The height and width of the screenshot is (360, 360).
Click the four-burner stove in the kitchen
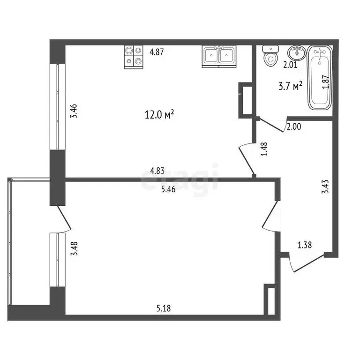tap(134, 57)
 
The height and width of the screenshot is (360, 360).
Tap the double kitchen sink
tap(219, 56)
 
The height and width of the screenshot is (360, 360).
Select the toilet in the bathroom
tap(270, 57)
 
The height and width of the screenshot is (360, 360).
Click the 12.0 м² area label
tap(160, 114)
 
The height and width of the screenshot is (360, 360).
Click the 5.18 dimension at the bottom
tap(163, 308)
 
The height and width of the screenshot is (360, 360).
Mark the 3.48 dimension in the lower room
tap(74, 248)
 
